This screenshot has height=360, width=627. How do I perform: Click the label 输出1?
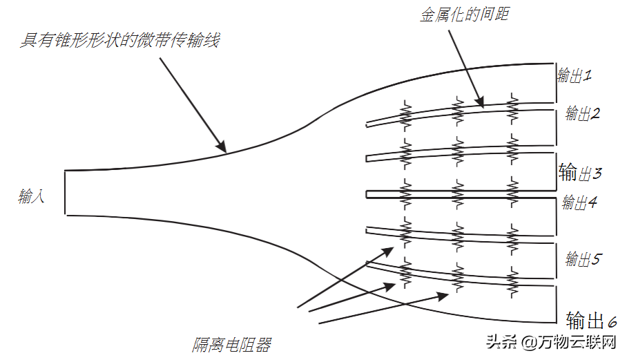(x=575, y=75)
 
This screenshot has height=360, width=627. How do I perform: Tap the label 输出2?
(x=583, y=113)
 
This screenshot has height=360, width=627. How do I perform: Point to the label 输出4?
(x=579, y=202)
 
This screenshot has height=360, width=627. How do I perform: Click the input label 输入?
(x=32, y=198)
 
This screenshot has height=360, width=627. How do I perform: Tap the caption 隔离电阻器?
(x=231, y=345)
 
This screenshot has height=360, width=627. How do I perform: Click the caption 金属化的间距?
(x=465, y=13)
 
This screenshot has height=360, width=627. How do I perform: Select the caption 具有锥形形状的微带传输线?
(x=119, y=41)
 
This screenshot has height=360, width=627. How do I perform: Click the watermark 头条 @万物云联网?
(x=550, y=341)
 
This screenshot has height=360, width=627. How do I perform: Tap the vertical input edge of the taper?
(x=64, y=192)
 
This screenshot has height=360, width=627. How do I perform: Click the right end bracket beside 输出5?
(x=556, y=258)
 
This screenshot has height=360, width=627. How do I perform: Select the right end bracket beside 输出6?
(x=556, y=304)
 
